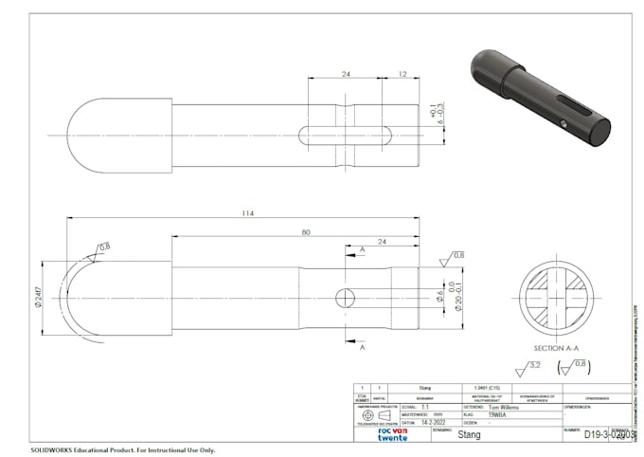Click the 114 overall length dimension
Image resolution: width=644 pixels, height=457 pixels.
[248, 213]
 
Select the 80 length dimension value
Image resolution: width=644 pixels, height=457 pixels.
[305, 232]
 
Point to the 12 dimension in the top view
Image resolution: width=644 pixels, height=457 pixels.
[403, 73]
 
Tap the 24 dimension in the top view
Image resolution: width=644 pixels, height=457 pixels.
[346, 73]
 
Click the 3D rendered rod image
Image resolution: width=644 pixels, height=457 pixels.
[539, 98]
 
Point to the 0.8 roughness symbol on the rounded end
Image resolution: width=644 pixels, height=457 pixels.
[100, 249]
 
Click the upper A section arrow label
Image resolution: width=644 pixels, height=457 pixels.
[363, 249]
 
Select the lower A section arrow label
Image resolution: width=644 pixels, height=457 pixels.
[363, 348]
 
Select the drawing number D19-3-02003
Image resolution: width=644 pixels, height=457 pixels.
[607, 435]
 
